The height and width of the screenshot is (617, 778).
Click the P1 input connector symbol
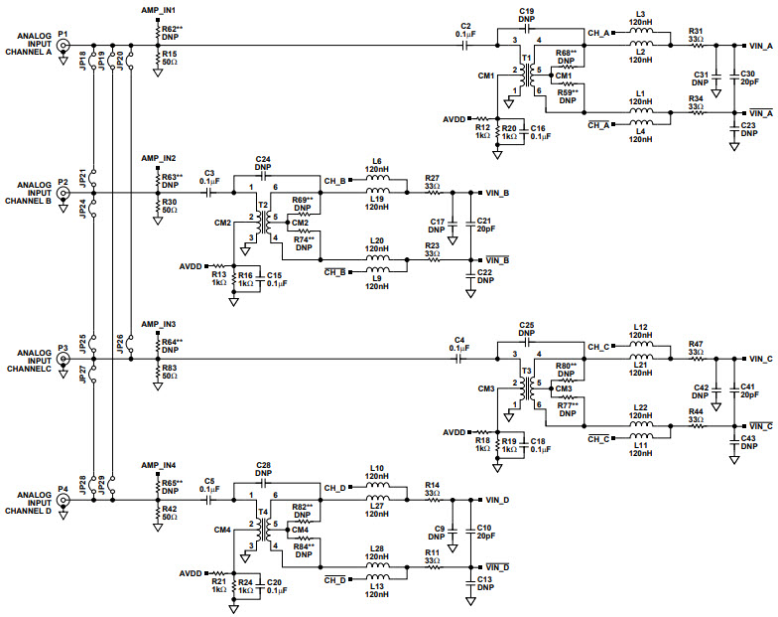(64, 45)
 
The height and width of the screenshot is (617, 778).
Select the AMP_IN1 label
(159, 8)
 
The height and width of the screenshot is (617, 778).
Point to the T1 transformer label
(525, 59)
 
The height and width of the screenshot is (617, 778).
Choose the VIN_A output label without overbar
(760, 45)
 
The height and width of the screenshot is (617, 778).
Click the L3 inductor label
(639, 15)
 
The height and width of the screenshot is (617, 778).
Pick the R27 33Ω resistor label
(432, 182)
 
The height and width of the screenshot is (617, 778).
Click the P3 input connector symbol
(64, 361)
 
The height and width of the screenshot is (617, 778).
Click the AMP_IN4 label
(159, 465)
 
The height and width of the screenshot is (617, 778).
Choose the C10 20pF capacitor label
(483, 532)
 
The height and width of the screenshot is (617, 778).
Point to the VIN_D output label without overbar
(498, 500)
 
